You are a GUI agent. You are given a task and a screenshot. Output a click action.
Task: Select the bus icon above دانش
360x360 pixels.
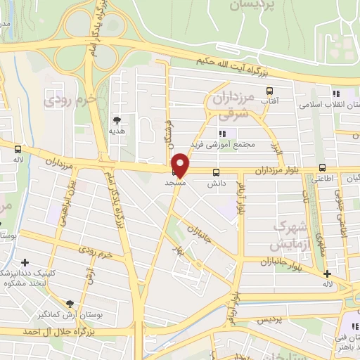[216, 172]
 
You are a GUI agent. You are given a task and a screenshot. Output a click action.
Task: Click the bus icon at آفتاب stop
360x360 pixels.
[269, 91]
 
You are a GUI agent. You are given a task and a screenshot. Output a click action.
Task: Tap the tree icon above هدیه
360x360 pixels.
[116, 120]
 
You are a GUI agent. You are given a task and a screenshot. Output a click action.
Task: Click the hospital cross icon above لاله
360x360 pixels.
[327, 274]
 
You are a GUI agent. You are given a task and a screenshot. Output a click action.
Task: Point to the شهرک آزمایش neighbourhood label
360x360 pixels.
[290, 236]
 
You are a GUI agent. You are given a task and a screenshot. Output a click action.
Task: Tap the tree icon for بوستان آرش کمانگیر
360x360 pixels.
[69, 304]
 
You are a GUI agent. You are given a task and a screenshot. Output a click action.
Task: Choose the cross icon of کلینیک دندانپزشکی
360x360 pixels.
[25, 263]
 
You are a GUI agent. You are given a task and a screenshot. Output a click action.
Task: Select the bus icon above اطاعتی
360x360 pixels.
[322, 167]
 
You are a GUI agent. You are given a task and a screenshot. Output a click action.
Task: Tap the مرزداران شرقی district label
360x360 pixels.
[226, 106]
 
